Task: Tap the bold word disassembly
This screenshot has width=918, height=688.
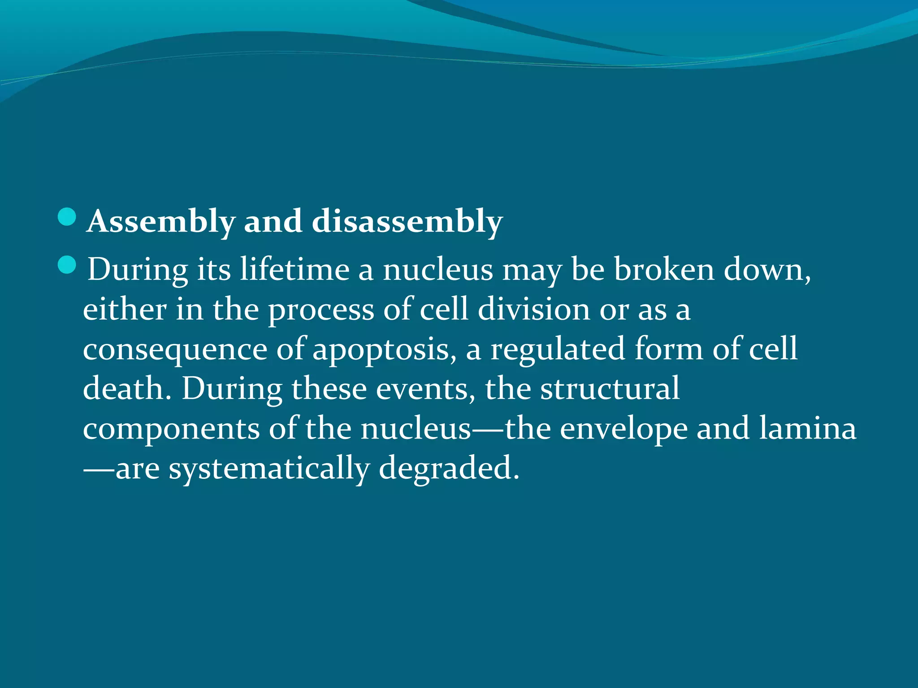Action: point(407,221)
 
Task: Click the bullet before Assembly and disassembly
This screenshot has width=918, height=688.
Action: point(67,217)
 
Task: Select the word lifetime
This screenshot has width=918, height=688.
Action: point(294,270)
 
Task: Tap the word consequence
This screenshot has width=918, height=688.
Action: point(175,349)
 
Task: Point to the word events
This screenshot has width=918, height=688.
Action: point(425,389)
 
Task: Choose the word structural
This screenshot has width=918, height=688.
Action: point(610,389)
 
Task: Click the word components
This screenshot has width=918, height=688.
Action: point(171,429)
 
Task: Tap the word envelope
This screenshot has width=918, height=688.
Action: point(624,429)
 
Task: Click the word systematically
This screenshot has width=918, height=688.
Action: point(269,469)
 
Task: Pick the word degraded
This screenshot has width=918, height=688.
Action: point(449,469)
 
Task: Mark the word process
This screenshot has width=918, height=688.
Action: point(321,310)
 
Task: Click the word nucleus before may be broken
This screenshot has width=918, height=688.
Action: point(437,270)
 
